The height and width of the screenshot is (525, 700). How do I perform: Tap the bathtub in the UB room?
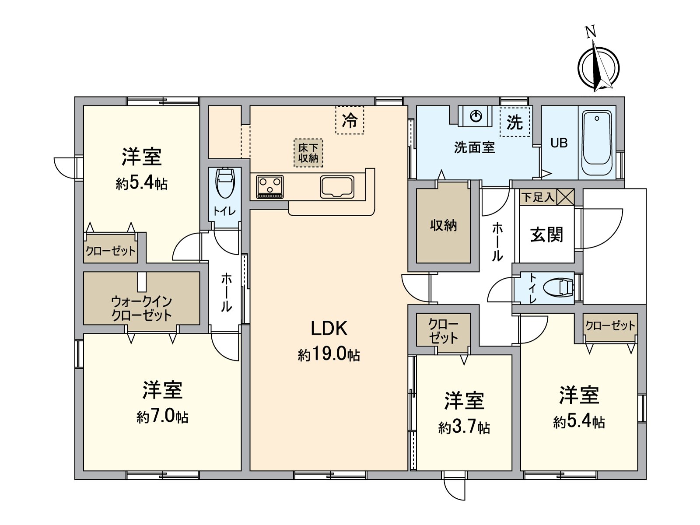(x=597, y=138)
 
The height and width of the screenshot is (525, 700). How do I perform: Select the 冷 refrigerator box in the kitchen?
(x=350, y=120)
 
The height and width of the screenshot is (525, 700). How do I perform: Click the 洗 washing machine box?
(x=514, y=122)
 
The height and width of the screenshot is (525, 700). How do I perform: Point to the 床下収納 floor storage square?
(x=308, y=153)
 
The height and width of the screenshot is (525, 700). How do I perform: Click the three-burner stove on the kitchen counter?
(x=270, y=186)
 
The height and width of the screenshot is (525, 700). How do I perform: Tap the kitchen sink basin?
(x=337, y=187)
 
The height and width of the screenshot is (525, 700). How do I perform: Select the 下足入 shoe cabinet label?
(x=538, y=197)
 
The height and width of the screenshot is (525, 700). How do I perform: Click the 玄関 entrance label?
(x=546, y=234)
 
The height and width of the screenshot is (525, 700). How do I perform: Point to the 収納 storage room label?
(x=443, y=225)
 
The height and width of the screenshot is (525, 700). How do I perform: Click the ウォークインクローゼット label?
(x=141, y=308)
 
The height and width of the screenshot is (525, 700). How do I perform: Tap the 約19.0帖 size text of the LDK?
(x=329, y=354)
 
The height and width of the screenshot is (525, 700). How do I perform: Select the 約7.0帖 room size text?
(x=162, y=416)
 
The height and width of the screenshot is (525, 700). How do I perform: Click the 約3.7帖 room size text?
(x=464, y=427)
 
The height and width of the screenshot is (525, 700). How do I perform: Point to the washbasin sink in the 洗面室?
(x=476, y=116)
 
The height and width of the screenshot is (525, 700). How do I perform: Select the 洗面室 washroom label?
(x=474, y=147)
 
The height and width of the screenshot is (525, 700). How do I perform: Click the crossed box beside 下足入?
(x=565, y=197)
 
